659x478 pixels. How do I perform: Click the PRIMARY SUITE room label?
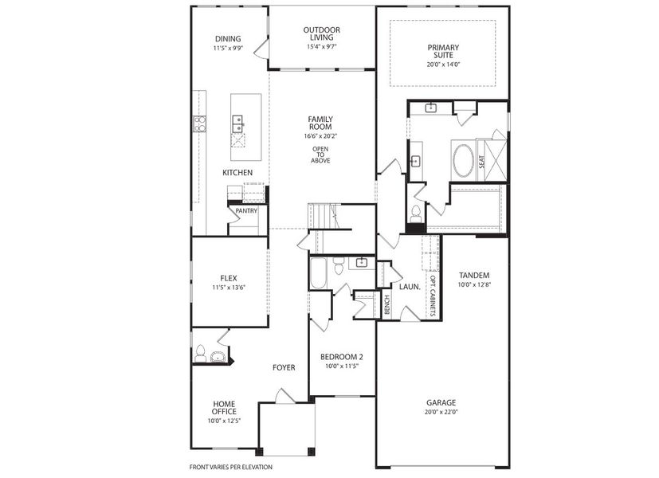(x=442, y=52)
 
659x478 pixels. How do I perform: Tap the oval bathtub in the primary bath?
(x=463, y=160)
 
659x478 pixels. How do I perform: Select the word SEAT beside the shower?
(x=482, y=160)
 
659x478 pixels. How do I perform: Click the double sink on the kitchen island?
(x=237, y=122)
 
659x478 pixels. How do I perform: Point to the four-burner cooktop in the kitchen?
(x=200, y=123)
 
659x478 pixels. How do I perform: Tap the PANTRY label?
(x=245, y=210)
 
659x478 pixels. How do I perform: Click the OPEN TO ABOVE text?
(x=320, y=155)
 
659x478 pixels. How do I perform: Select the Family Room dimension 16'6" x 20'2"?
(x=320, y=136)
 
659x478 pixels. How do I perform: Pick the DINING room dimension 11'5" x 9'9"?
(x=228, y=48)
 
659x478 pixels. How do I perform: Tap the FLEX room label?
(x=228, y=278)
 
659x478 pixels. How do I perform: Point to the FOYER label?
(x=284, y=367)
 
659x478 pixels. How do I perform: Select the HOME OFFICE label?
(x=224, y=407)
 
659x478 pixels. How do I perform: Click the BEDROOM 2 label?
(x=342, y=356)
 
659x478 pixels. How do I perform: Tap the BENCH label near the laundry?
(x=387, y=305)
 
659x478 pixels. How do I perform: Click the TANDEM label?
(x=473, y=275)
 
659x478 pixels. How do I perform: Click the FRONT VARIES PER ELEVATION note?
(x=230, y=467)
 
